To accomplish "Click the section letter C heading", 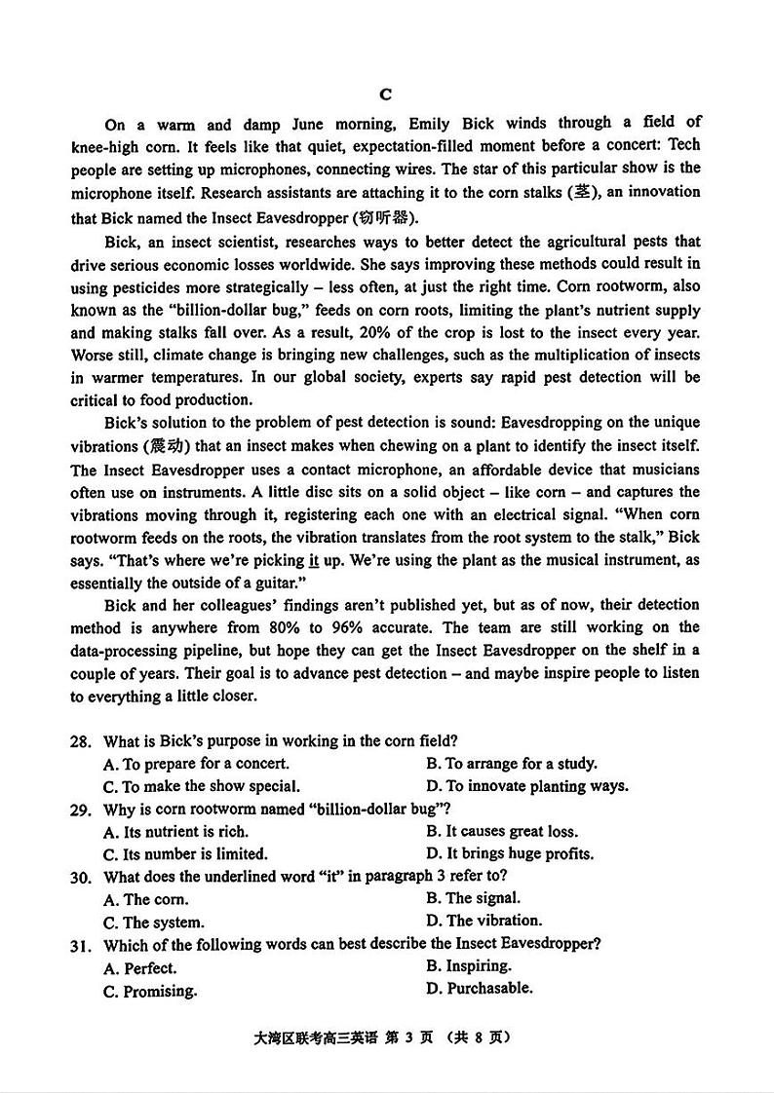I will coord(385,94).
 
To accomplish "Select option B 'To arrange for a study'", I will coord(511,764).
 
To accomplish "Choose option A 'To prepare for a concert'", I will coord(196,764).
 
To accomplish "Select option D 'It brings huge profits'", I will coord(509,853).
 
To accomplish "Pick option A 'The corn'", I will coord(146,899).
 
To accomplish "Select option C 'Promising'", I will coord(150,991).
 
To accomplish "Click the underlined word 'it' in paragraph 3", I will coord(314,560).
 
